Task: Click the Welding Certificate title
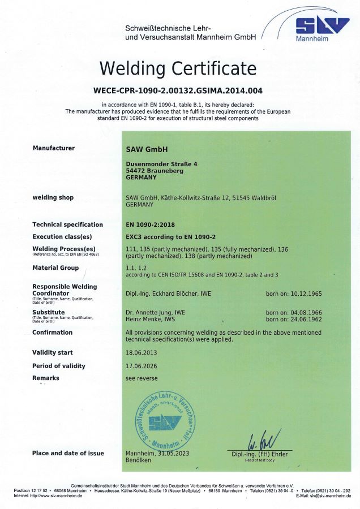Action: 178,68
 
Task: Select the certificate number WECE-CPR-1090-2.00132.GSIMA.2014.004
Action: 178,90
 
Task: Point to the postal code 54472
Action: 135,170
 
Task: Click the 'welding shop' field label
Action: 53,197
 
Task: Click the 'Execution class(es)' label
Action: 62,236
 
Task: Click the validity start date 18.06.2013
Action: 141,352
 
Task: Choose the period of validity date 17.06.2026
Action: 141,366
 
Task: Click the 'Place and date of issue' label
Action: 68,453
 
